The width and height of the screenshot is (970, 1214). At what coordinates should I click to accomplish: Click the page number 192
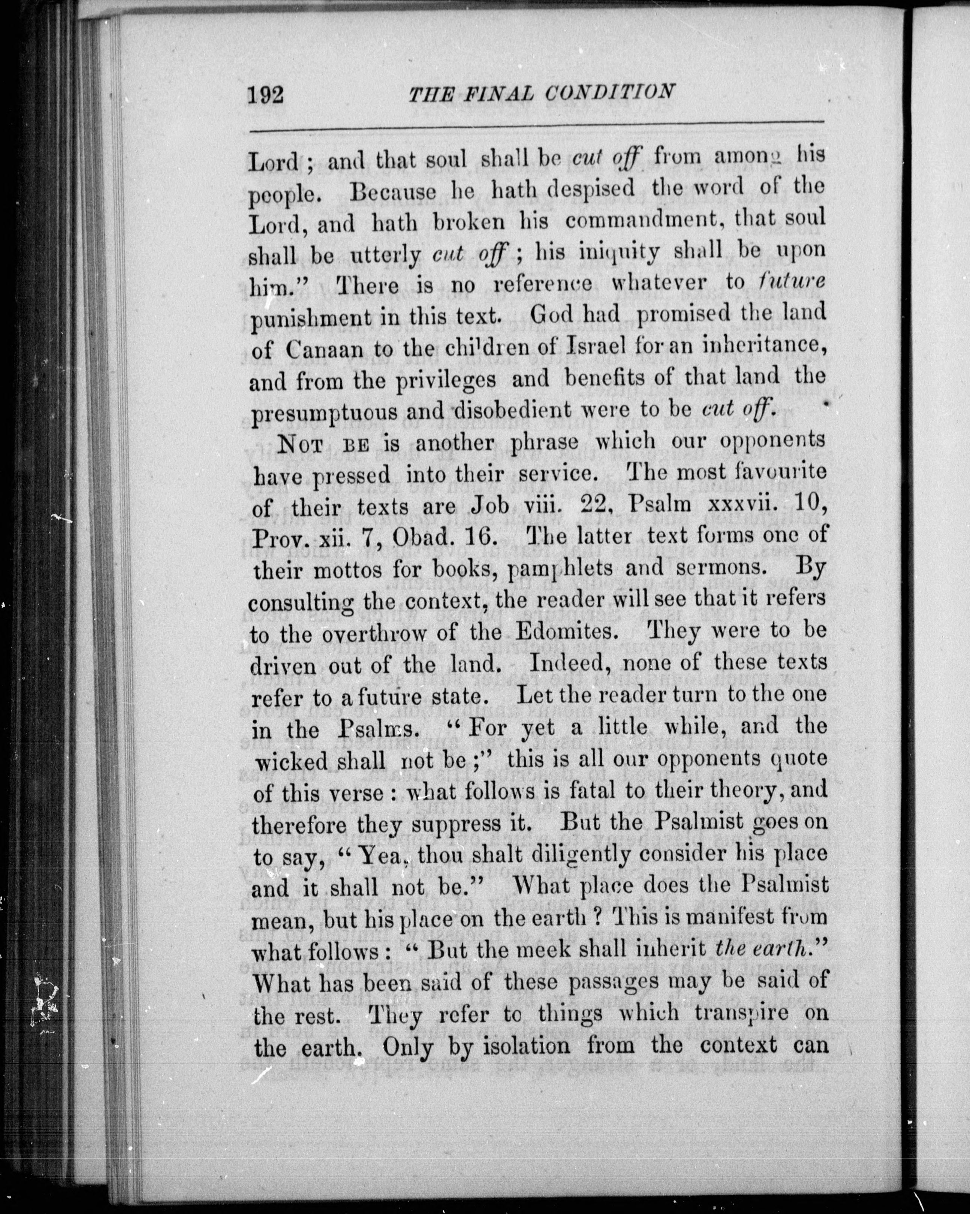(265, 93)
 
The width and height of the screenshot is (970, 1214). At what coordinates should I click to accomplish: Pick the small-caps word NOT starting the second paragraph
(301, 444)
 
